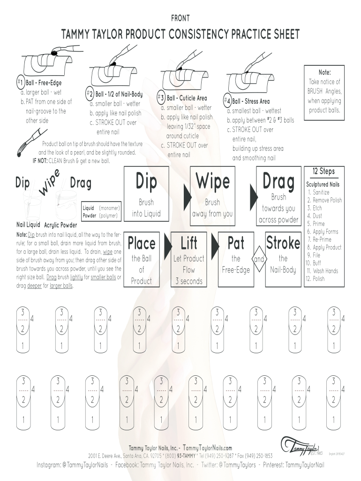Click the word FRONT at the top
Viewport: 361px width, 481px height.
[x=180, y=18]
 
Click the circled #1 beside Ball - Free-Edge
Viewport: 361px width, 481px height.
[x=20, y=82]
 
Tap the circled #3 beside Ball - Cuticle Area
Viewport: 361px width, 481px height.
[x=161, y=98]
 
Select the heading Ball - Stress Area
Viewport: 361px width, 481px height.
[x=251, y=101]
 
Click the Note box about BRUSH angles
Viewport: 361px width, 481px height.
[x=324, y=93]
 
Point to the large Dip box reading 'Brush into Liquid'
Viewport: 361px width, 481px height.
[x=146, y=194]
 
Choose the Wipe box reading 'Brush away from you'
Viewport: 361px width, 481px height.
[x=212, y=194]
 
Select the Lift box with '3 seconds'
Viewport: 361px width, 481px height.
[x=188, y=259]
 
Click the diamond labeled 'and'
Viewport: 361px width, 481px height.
[x=259, y=259]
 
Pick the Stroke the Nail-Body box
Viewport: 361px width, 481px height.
[x=283, y=259]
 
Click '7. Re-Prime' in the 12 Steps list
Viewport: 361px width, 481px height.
[x=319, y=239]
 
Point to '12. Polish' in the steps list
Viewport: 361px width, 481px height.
[x=315, y=279]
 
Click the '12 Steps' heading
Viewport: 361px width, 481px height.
[x=323, y=171]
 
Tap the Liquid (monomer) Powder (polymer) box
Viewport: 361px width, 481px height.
[x=101, y=212]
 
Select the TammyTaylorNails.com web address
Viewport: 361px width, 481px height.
[x=207, y=448]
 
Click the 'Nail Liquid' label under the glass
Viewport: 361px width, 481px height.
[x=28, y=225]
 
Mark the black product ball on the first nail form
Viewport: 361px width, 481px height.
[x=54, y=54]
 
